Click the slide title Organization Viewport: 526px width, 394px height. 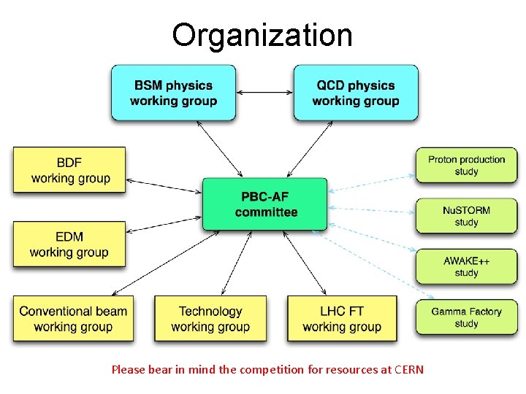(x=262, y=35)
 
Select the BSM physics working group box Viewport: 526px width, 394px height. (x=173, y=93)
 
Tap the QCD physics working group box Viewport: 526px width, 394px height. (x=356, y=93)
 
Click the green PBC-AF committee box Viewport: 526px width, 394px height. (x=265, y=204)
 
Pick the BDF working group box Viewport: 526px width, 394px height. (x=69, y=170)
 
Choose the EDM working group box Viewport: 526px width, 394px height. (x=69, y=244)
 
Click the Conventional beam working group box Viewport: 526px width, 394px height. (x=73, y=319)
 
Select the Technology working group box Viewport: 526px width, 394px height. (x=210, y=319)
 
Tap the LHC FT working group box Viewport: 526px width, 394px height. (x=342, y=319)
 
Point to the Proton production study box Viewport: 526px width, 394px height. (x=466, y=166)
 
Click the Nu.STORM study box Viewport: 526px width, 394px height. (x=466, y=216)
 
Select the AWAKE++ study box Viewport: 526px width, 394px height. (x=466, y=266)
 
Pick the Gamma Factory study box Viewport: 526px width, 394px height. (x=466, y=317)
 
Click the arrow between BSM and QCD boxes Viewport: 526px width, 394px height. (x=264, y=93)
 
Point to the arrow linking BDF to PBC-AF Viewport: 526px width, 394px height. (x=164, y=186)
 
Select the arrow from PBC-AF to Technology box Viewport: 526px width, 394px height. (x=232, y=263)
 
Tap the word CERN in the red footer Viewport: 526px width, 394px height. (x=408, y=369)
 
